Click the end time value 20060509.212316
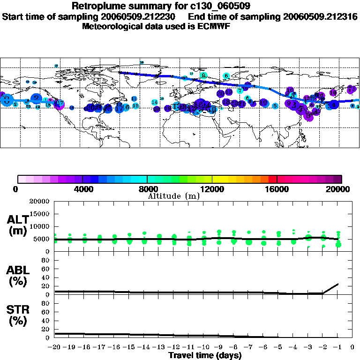tap(320, 17)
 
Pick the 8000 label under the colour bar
tap(147, 189)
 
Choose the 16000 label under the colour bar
tap(277, 189)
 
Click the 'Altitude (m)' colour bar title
tap(173, 196)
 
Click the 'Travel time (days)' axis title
tap(205, 355)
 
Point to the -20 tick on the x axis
tap(55, 347)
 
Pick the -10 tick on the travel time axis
tap(203, 347)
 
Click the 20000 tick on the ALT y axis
tap(39, 202)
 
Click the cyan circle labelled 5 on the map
tap(275, 106)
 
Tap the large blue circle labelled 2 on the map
tap(36, 98)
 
